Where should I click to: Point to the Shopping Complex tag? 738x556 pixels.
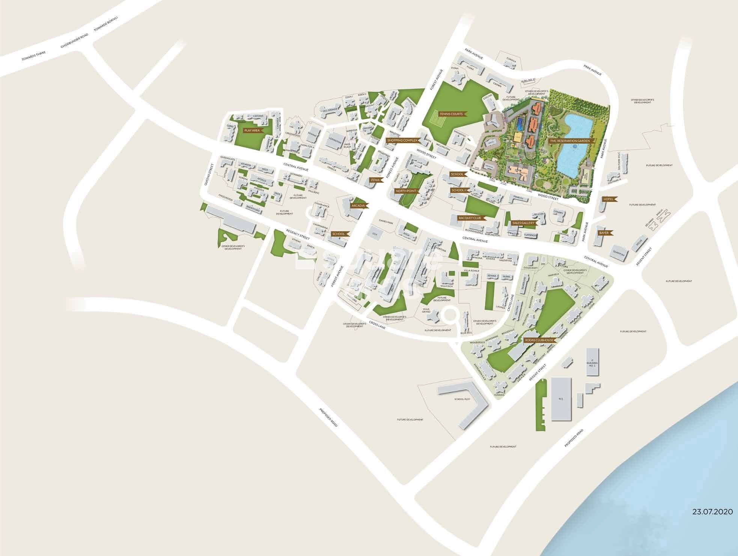(402, 140)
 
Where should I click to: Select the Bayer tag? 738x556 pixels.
(604, 233)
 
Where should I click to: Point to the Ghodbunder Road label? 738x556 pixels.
(75, 41)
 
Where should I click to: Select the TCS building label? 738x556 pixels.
(561, 398)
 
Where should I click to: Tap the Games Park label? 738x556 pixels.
(386, 222)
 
